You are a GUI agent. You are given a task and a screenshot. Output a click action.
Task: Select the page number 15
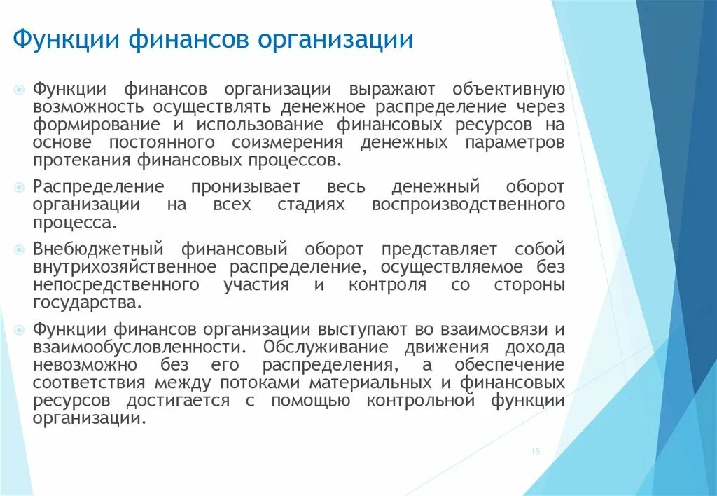pos(536,453)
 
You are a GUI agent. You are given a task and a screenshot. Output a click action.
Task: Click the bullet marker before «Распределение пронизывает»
pos(20,187)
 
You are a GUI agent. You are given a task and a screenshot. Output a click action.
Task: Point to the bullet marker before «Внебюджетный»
pos(20,249)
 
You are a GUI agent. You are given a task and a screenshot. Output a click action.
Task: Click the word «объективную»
pos(508,90)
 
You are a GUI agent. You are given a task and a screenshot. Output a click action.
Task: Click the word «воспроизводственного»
pos(468,205)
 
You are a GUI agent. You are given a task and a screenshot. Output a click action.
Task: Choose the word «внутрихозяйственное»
pos(126,267)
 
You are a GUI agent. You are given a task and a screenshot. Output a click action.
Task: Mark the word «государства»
pos(87,303)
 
